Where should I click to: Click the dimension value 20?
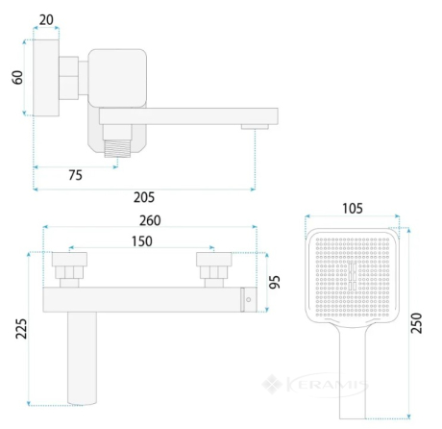click(x=46, y=20)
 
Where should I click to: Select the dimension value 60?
click(x=17, y=78)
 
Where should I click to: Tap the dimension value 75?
click(x=76, y=175)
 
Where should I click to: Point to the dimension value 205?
click(x=144, y=197)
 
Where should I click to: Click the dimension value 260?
click(x=150, y=220)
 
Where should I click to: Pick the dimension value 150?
click(x=142, y=241)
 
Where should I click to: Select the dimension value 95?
click(x=275, y=282)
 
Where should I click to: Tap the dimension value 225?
click(x=21, y=329)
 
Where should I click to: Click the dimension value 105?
click(x=353, y=209)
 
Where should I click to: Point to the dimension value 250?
click(x=416, y=323)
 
